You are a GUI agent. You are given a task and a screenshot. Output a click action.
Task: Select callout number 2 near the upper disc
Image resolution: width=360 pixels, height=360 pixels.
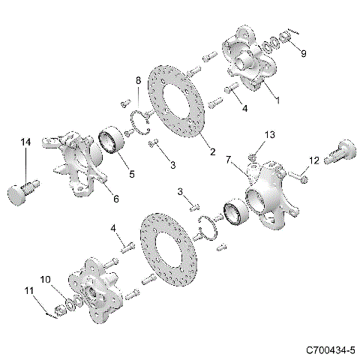pos(212,152)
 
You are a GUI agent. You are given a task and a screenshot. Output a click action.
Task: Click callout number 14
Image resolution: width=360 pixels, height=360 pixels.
pos(25,142)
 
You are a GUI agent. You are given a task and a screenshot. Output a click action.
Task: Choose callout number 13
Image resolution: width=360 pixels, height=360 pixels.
pos(271,134)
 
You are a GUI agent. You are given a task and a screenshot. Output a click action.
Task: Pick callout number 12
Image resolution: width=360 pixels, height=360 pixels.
pos(314,159)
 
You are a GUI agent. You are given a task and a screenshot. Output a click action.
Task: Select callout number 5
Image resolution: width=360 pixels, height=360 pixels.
pos(131,174)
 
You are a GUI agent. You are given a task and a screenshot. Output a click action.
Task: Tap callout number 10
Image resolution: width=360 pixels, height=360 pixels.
pos(45,279)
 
